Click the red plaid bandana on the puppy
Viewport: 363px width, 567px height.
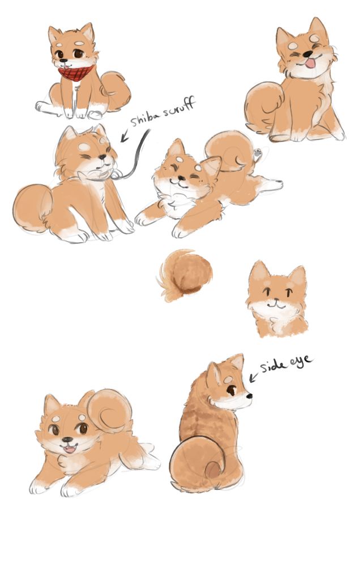(77, 73)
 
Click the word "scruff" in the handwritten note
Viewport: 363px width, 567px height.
(179, 107)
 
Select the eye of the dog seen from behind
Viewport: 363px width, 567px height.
(231, 390)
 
